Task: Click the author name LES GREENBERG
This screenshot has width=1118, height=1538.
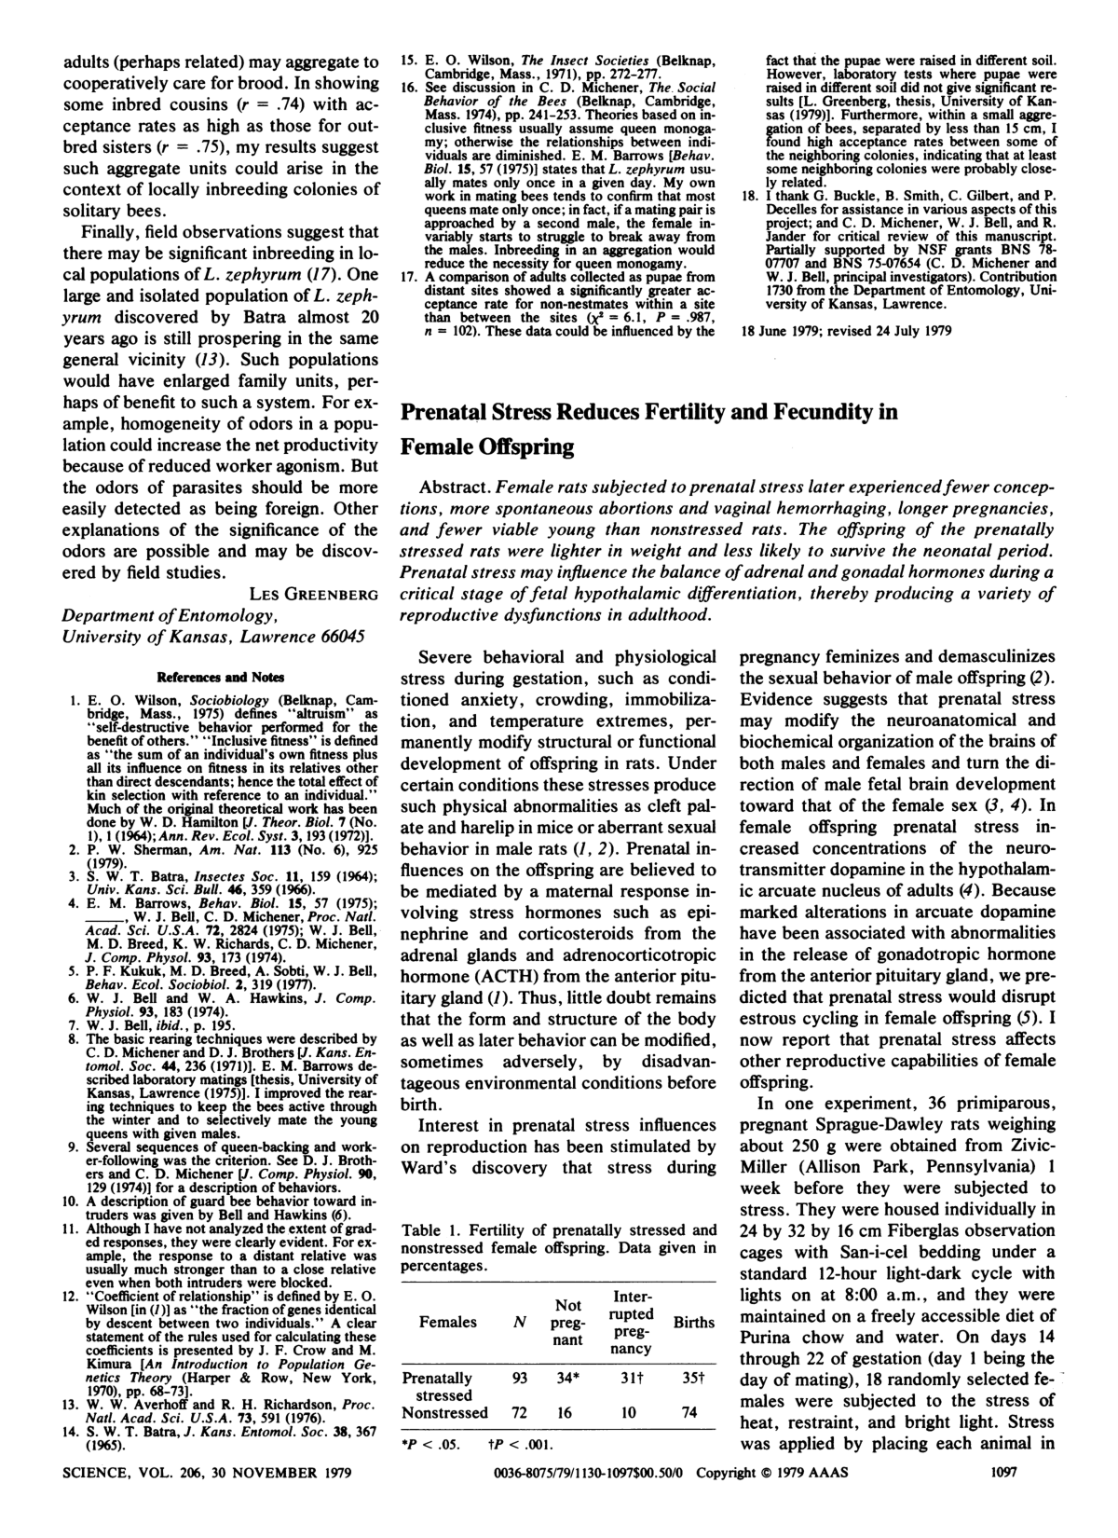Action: pyautogui.click(x=314, y=594)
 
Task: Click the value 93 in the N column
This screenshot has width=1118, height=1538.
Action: pyautogui.click(x=519, y=1377)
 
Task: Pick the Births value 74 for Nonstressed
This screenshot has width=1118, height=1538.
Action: pyautogui.click(x=689, y=1412)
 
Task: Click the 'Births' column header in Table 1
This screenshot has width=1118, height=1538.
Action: pyautogui.click(x=693, y=1322)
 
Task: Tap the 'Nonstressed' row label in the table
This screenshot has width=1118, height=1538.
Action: pyautogui.click(x=444, y=1412)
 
